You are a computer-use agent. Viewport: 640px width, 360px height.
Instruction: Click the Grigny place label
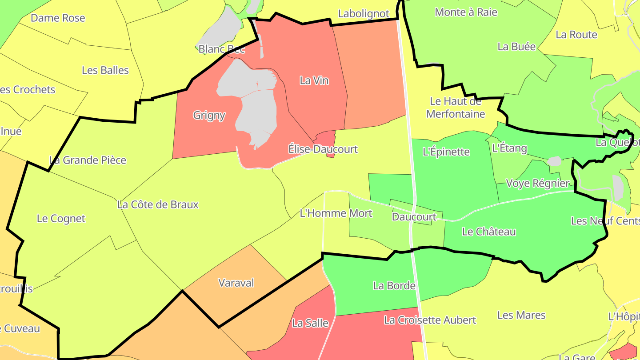click(209, 116)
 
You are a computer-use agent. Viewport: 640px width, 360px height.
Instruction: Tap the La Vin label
click(314, 80)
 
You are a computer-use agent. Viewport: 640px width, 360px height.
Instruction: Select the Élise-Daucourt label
click(323, 149)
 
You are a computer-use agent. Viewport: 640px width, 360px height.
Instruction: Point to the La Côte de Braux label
click(158, 204)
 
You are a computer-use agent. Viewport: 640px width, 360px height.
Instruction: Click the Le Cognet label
click(61, 218)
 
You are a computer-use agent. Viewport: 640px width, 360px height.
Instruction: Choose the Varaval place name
click(236, 283)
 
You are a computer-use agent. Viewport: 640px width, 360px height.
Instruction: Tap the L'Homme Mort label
click(336, 213)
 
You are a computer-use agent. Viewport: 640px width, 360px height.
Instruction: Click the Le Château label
click(489, 232)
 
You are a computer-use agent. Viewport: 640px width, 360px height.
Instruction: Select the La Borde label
click(394, 285)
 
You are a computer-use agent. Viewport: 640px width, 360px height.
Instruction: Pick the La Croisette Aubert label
click(430, 320)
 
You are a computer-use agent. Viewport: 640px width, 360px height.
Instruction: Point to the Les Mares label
click(521, 315)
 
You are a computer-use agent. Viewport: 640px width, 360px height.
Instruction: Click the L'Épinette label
click(446, 152)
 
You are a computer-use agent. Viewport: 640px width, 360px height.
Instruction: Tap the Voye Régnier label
click(538, 183)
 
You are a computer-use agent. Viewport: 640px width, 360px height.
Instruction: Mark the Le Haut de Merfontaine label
click(456, 108)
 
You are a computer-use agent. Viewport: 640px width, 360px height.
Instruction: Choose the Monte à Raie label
click(466, 12)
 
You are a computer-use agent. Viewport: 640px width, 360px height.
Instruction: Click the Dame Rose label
click(58, 18)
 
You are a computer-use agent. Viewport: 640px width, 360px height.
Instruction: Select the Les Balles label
click(105, 70)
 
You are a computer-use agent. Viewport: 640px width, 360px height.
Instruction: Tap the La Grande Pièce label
click(88, 160)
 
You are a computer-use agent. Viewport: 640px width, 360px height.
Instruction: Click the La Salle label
click(310, 323)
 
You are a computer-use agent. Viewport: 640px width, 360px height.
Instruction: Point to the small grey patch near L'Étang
click(554, 161)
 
